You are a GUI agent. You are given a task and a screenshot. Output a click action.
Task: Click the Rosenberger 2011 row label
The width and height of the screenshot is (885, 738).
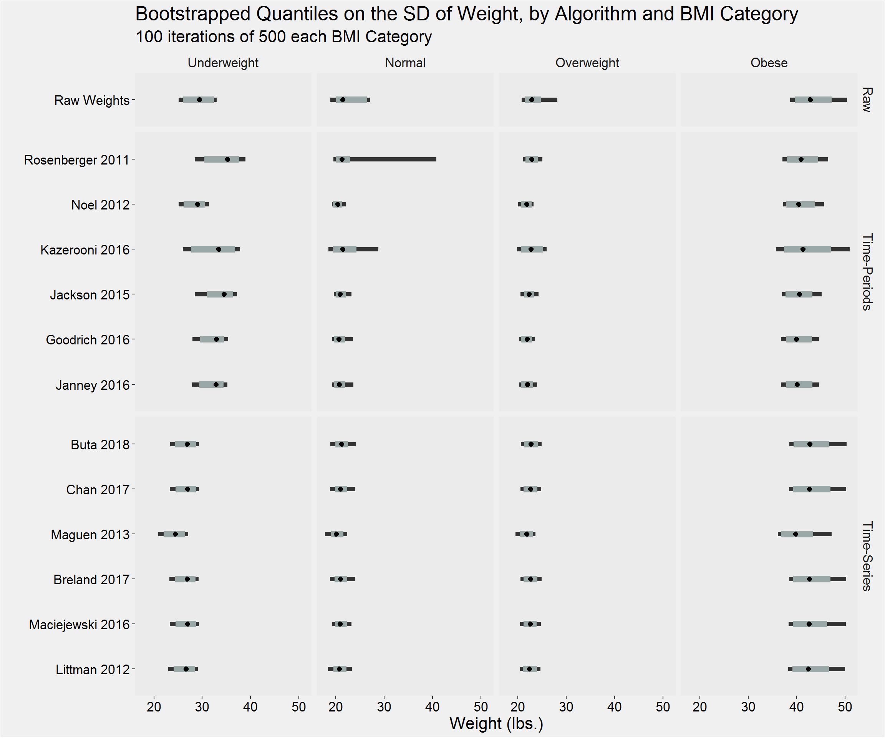[x=76, y=160]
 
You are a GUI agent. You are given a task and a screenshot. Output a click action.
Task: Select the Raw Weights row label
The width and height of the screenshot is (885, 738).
[x=91, y=100]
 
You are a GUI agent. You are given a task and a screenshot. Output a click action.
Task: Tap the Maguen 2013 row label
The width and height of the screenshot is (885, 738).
[x=90, y=534]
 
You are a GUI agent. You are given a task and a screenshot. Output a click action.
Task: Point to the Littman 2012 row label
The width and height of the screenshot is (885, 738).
[x=92, y=669]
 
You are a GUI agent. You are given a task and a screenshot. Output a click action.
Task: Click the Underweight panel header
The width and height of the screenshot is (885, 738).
[x=223, y=63]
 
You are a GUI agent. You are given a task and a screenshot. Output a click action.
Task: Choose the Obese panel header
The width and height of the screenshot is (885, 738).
[x=769, y=63]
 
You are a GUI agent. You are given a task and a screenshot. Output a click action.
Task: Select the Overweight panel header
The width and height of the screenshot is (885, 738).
[x=587, y=63]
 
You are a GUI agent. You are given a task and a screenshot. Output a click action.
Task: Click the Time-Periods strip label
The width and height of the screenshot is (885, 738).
[x=867, y=272]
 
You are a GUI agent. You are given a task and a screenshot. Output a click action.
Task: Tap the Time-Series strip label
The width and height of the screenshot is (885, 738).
[x=867, y=556]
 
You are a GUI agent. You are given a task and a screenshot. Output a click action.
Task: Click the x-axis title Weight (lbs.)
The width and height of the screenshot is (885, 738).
[x=496, y=723]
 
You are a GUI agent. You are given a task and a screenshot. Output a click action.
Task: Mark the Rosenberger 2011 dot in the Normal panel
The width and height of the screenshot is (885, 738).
[x=342, y=160]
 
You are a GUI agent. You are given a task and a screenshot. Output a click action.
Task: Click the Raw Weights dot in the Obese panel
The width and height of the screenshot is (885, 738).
[x=810, y=100]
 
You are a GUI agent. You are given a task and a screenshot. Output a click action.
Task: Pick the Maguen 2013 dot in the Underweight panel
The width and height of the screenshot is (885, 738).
[x=175, y=534]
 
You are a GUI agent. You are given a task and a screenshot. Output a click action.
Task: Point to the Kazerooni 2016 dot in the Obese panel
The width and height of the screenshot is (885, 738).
[x=803, y=249]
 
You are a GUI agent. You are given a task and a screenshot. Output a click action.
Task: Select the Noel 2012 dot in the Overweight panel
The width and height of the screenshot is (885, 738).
[x=527, y=204]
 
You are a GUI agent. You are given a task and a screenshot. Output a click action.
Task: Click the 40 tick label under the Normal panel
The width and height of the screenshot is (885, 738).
[x=433, y=706]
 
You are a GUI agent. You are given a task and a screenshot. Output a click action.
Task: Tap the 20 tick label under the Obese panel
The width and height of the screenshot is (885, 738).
[x=699, y=706]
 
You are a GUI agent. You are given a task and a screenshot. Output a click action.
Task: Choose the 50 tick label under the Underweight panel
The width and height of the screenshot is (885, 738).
[x=298, y=706]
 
